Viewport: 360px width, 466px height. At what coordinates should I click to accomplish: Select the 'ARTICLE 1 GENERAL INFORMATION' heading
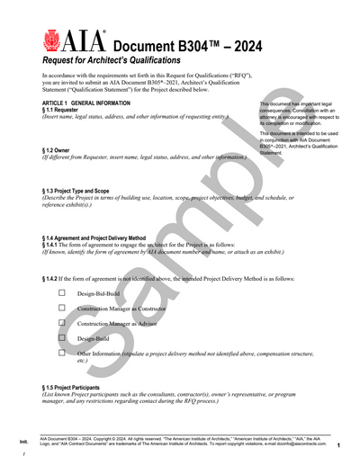85,103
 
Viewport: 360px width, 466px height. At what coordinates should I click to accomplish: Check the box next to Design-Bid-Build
62,293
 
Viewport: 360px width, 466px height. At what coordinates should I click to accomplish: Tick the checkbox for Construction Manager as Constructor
62,308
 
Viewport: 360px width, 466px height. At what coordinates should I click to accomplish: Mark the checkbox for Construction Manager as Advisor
62,323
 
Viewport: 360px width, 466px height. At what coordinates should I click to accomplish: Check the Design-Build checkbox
62,338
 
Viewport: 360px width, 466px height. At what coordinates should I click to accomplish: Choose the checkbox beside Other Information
62,354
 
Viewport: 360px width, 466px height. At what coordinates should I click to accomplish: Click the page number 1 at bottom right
337,445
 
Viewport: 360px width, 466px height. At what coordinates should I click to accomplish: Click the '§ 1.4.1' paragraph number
54,245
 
